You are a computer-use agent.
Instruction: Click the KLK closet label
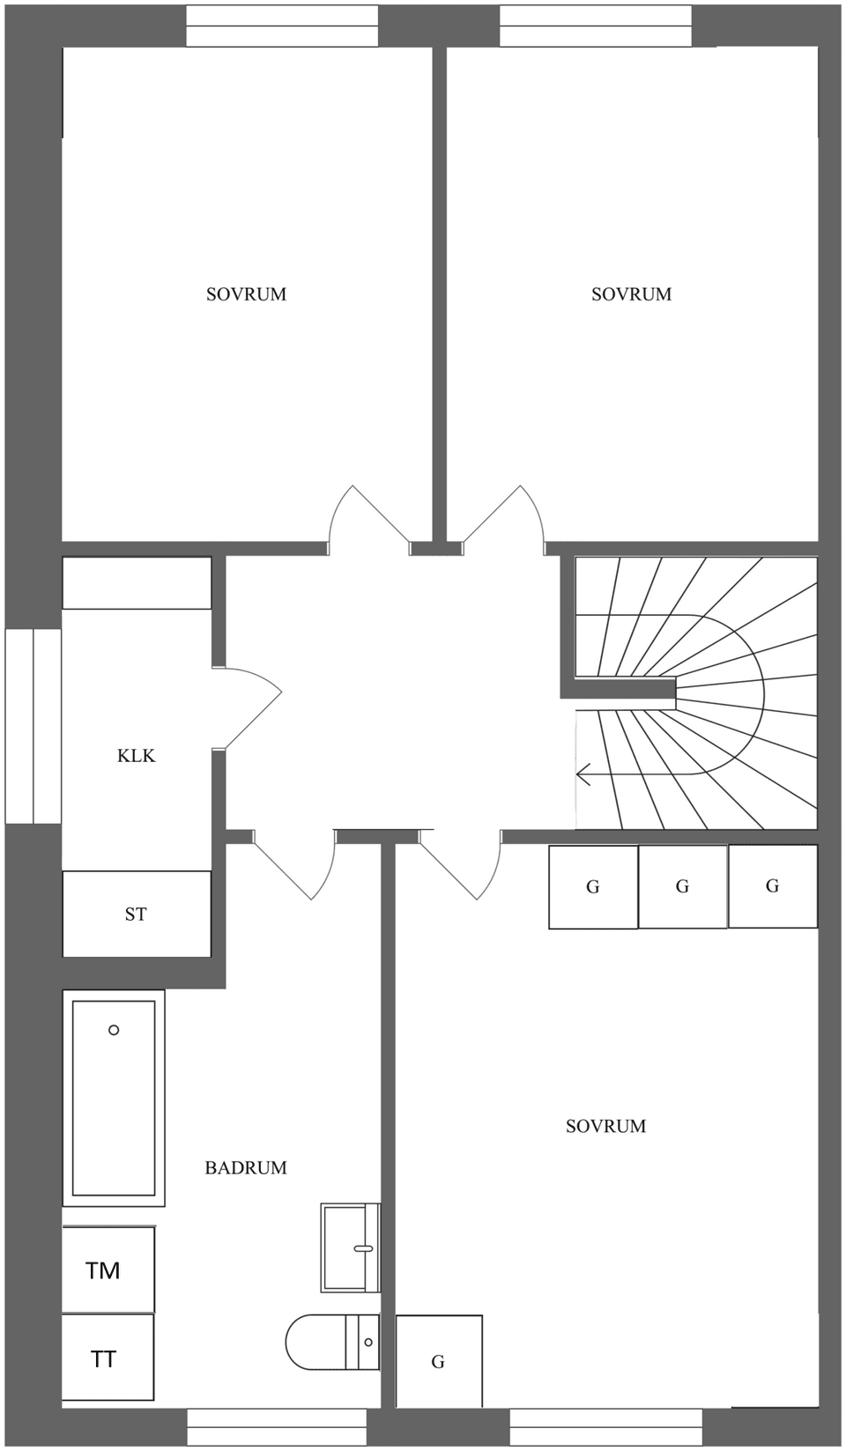pyautogui.click(x=136, y=756)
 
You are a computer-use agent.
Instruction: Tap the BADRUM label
pyautogui.click(x=246, y=1168)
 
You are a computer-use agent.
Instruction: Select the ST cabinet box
pyautogui.click(x=137, y=914)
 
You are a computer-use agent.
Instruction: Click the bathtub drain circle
pyautogui.click(x=114, y=1030)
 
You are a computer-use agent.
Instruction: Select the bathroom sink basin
pyautogui.click(x=349, y=1247)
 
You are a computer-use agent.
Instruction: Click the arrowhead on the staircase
pyautogui.click(x=583, y=775)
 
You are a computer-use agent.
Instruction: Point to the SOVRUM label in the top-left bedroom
pyautogui.click(x=246, y=294)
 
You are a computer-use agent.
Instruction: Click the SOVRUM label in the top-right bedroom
pyautogui.click(x=631, y=294)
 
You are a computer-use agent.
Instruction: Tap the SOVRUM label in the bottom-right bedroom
pyautogui.click(x=605, y=1126)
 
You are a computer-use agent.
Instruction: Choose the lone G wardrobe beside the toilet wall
pyautogui.click(x=439, y=1361)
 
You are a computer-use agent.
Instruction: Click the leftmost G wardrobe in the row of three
pyautogui.click(x=593, y=887)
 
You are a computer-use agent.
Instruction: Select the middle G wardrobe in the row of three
pyautogui.click(x=683, y=886)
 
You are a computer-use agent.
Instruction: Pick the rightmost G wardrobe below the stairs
pyautogui.click(x=773, y=885)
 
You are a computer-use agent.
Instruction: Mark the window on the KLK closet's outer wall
pyautogui.click(x=33, y=726)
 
